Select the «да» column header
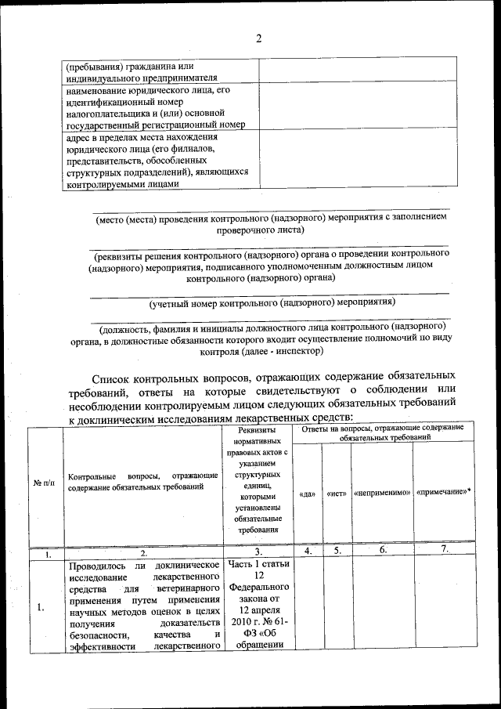click(x=308, y=494)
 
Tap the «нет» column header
click(x=337, y=494)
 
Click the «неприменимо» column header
click(x=383, y=494)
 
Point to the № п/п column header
click(x=45, y=482)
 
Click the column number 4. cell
click(x=308, y=551)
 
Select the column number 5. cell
click(x=337, y=551)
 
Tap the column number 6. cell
click(x=383, y=551)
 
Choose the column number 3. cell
click(x=258, y=552)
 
